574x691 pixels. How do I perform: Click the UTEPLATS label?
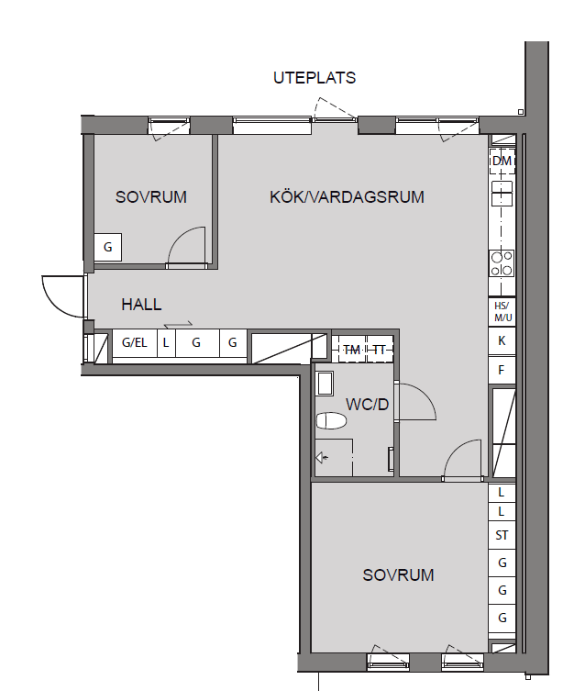coord(315,78)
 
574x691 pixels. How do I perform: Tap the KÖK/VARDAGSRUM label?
coord(347,196)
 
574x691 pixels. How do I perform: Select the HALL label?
coord(141,305)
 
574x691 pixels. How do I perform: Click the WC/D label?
coord(368,405)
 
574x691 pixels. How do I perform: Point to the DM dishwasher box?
coord(502,161)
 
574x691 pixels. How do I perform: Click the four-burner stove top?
coord(502,263)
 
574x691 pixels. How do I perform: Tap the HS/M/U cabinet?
coord(502,312)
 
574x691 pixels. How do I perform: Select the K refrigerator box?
coord(502,340)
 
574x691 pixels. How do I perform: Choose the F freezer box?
coord(502,370)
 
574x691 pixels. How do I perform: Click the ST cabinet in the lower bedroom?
coord(502,535)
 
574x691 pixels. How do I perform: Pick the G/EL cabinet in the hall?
coord(135,343)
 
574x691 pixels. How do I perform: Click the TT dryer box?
coord(380,350)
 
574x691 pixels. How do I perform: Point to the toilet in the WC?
coord(331,421)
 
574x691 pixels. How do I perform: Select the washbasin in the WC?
coord(326,384)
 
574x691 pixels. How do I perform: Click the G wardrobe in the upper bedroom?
coord(108,247)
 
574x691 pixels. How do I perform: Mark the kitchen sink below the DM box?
coord(502,193)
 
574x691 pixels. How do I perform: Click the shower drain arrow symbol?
coord(322,458)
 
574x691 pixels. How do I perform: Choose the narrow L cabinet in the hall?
coord(166,343)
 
